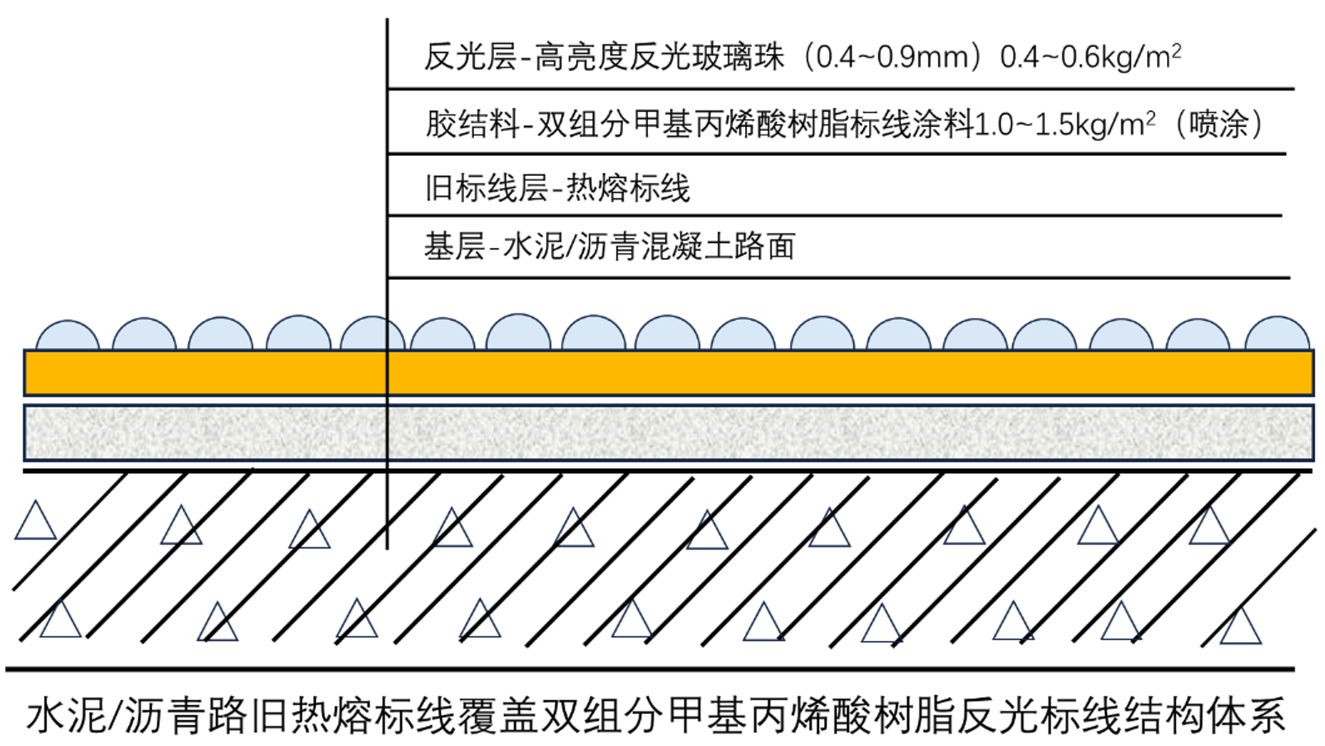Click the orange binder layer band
coord(668,373)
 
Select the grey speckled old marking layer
coord(668,433)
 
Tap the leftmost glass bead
coord(67,336)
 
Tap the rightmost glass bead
coord(1277,334)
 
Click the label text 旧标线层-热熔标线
coord(557,188)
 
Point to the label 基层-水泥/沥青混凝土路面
coord(609,247)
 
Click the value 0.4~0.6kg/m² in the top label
coord(1090,57)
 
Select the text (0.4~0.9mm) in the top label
coord(893,57)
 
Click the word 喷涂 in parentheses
coord(1218,124)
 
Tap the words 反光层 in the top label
coord(470,57)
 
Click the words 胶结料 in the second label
coord(472,124)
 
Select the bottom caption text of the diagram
coord(655,716)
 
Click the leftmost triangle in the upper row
coord(35,521)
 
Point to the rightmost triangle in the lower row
coord(1240,627)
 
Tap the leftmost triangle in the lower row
coord(60,621)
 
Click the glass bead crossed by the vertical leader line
coord(373,334)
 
